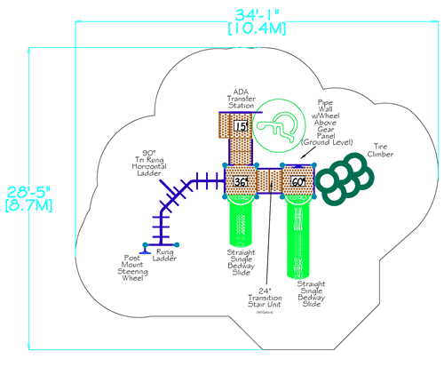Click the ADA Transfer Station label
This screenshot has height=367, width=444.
point(241,99)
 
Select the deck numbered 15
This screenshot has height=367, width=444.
point(240,127)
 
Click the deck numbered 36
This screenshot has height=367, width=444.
point(240,182)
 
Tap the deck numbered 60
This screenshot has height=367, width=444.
point(297,182)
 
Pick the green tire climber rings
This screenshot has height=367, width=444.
point(341,177)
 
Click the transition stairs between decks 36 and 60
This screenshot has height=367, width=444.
point(269,181)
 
